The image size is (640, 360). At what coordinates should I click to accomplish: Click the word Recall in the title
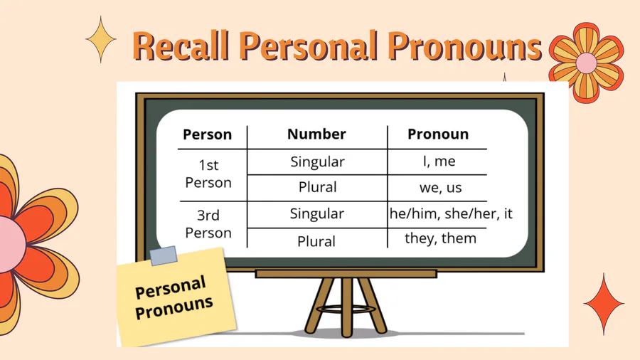[x=181, y=46]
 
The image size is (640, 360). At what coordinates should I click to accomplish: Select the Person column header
[x=208, y=134]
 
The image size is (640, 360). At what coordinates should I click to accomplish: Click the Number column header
[x=316, y=134]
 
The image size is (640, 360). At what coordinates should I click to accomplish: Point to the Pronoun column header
[x=438, y=134]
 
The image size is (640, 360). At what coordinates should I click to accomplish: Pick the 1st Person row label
[x=208, y=174]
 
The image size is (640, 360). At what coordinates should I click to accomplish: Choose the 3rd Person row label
[x=208, y=223]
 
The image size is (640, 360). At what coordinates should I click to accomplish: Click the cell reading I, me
[x=439, y=162]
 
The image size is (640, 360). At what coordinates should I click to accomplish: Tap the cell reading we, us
[x=440, y=187]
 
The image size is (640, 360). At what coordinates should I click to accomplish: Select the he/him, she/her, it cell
[x=451, y=213]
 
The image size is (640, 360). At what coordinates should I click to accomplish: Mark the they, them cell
[x=440, y=238]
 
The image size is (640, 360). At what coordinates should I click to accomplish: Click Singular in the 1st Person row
[x=318, y=162]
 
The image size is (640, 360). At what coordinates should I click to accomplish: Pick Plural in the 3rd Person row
[x=316, y=241]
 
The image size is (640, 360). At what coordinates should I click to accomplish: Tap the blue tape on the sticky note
[x=164, y=255]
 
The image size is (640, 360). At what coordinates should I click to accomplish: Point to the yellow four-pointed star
[x=101, y=39]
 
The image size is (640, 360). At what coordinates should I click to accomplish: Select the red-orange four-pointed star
[x=604, y=303]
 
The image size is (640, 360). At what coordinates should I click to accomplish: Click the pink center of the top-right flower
[x=587, y=63]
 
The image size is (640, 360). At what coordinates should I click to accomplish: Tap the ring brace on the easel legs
[x=346, y=309]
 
